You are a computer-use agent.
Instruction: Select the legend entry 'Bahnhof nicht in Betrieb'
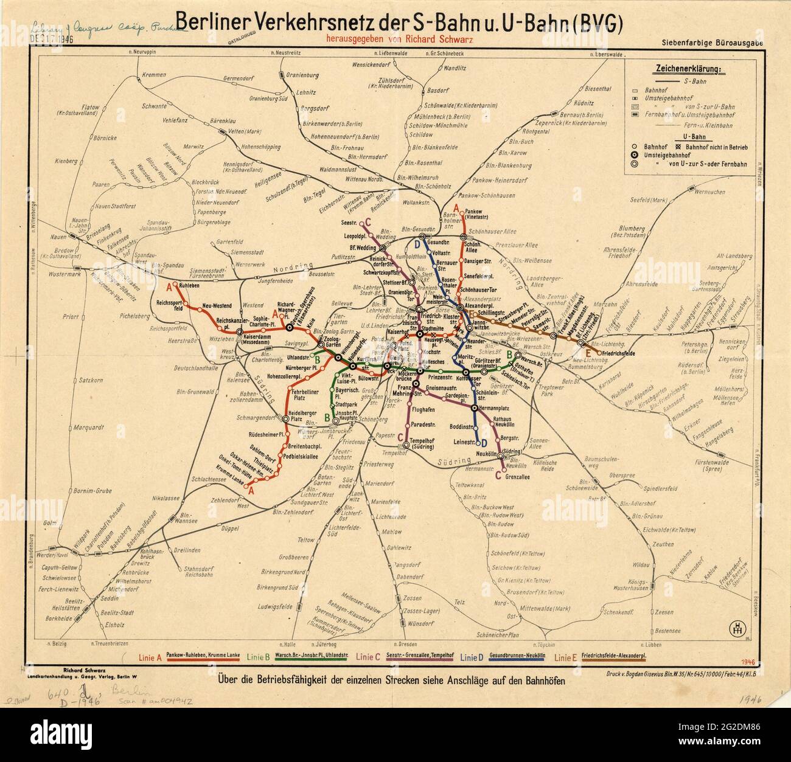pyautogui.click(x=717, y=147)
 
